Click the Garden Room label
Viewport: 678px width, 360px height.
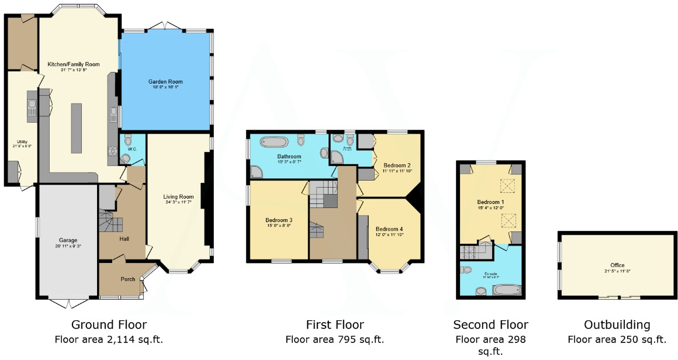coord(165,82)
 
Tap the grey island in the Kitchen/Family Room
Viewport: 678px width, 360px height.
coord(76,127)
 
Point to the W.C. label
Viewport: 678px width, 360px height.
coord(132,149)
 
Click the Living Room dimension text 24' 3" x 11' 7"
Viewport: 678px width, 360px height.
coord(178,202)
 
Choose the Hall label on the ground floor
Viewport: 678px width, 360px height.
coord(123,238)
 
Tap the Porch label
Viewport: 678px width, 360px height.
coord(127,279)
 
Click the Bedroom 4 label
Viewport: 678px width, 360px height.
coord(389,229)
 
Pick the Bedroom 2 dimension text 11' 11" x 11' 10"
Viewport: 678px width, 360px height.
coord(397,171)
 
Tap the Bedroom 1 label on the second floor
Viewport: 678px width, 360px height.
coord(490,202)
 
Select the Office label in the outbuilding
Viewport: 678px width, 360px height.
coord(617,265)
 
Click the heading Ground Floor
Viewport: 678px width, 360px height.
coord(109,325)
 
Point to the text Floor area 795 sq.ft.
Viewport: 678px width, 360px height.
coord(335,339)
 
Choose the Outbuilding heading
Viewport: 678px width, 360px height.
coord(617,325)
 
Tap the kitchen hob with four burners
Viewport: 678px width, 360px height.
coord(112,150)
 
